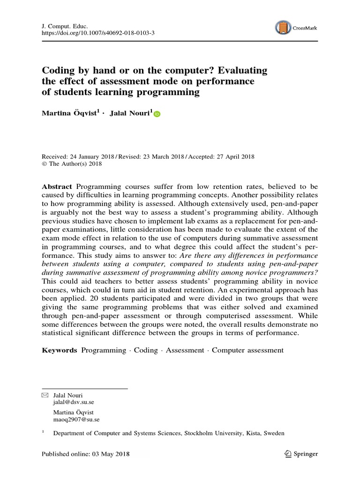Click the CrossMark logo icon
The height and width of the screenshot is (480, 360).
tap(282, 27)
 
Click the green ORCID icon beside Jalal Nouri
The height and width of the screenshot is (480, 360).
tap(157, 114)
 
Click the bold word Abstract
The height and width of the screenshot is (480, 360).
tap(57, 186)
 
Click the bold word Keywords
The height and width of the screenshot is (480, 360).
tap(60, 350)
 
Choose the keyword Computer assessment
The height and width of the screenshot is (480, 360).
tap(247, 350)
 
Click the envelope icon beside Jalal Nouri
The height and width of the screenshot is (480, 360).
tap(45, 395)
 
